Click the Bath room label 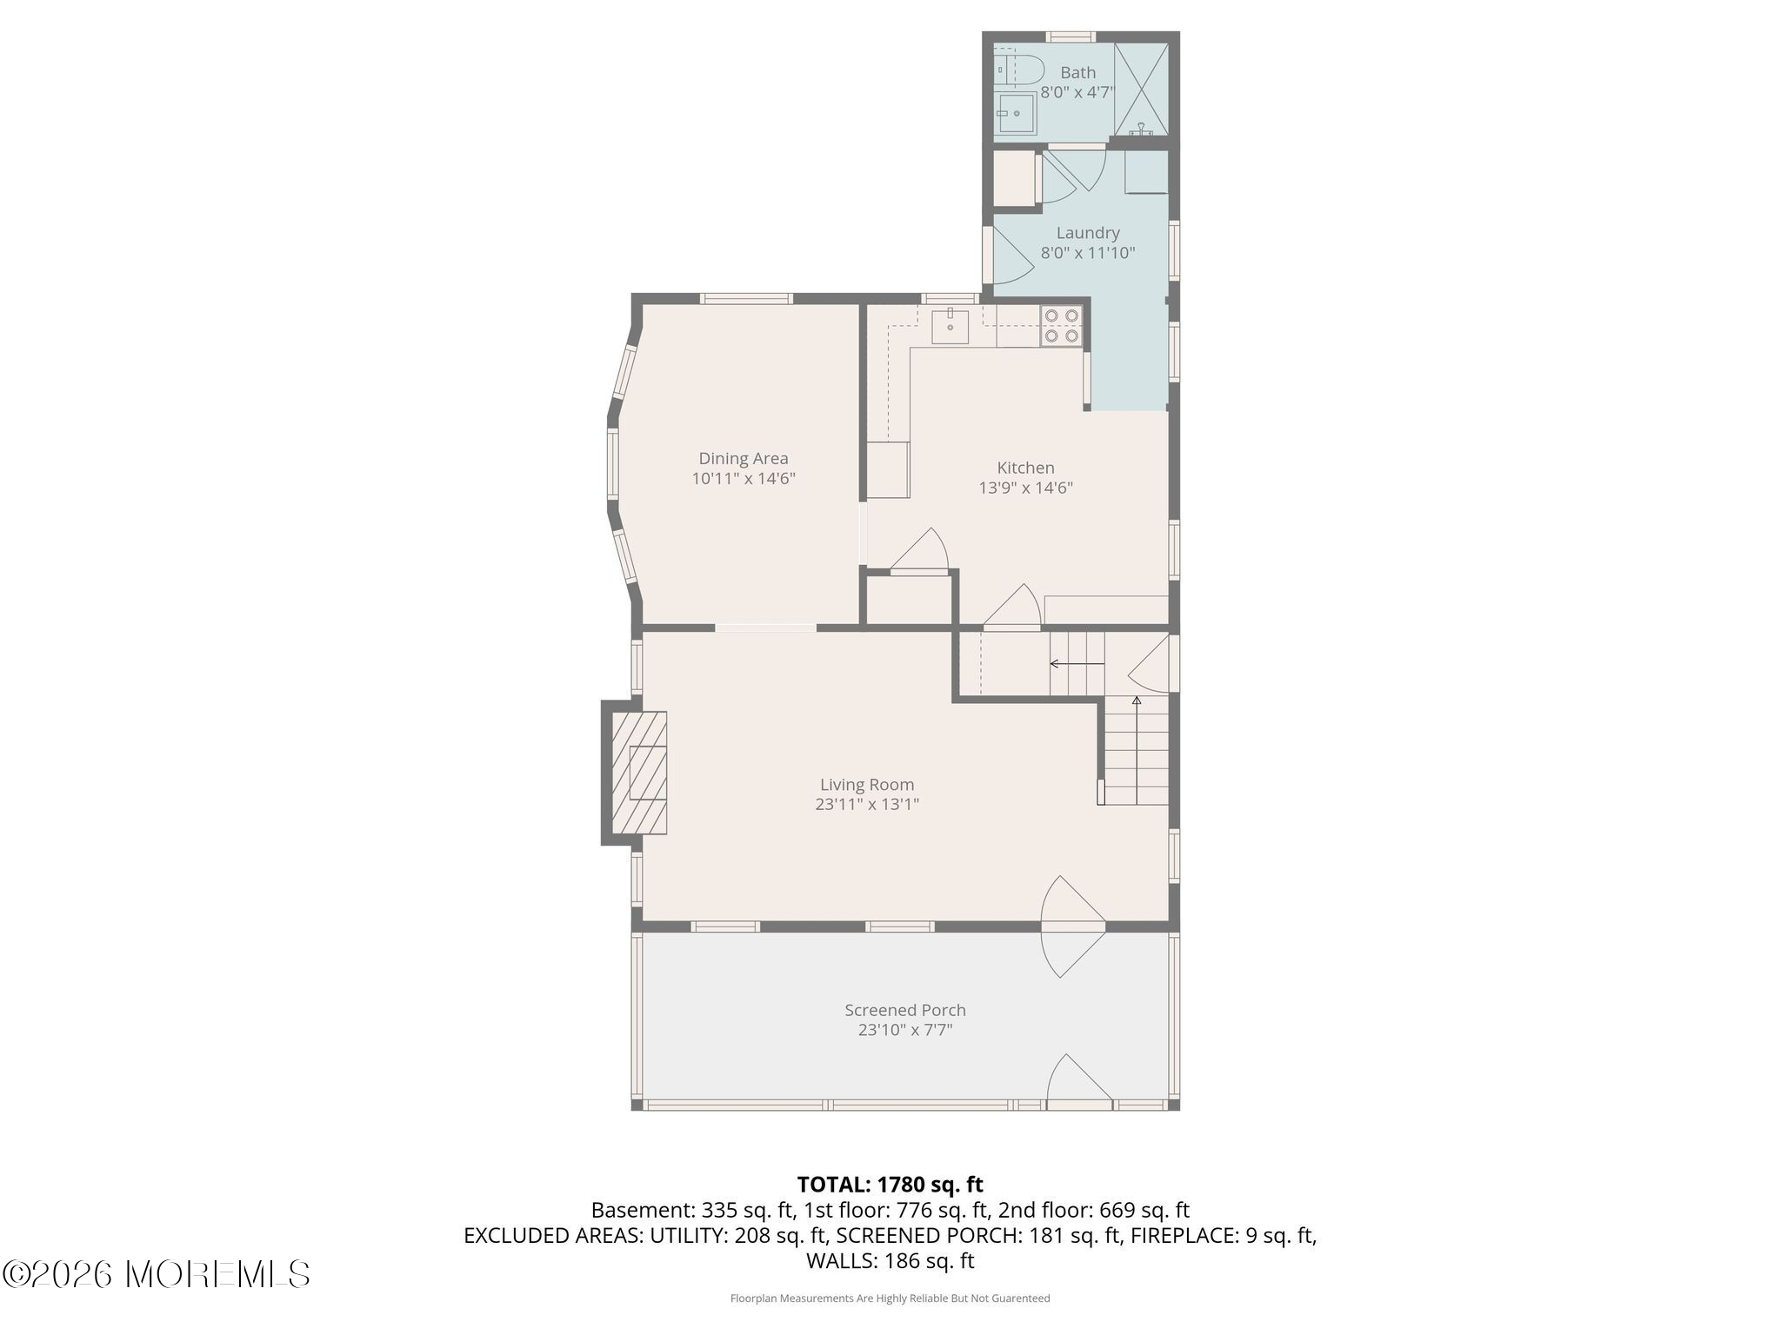click(x=1077, y=73)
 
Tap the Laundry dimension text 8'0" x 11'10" click(x=1088, y=253)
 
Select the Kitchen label click(x=1025, y=468)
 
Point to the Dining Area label click(x=744, y=458)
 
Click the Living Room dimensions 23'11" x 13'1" click(x=867, y=804)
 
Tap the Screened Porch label click(x=905, y=1010)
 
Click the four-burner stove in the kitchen click(x=1062, y=326)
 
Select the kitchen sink click(x=951, y=325)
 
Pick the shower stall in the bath click(x=1141, y=89)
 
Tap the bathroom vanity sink click(x=1016, y=113)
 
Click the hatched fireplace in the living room click(x=639, y=773)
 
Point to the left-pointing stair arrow click(x=1077, y=664)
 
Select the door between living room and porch click(x=1074, y=927)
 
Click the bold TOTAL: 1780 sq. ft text click(x=890, y=1184)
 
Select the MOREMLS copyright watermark click(x=157, y=1274)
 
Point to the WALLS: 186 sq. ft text click(x=890, y=1260)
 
